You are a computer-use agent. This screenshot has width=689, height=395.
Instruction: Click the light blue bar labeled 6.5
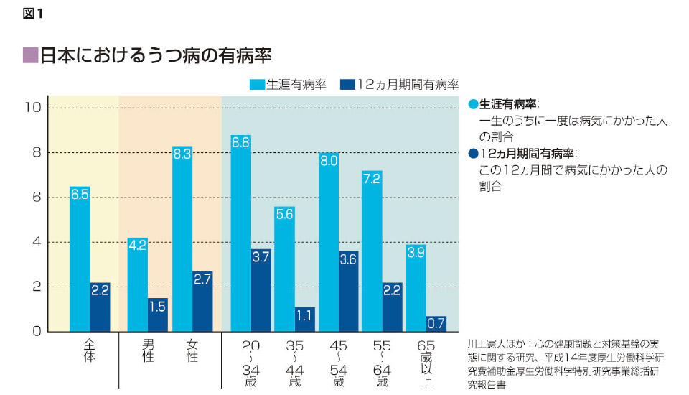click(x=80, y=259)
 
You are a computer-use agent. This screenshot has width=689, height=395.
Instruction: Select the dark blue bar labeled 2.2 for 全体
click(x=100, y=307)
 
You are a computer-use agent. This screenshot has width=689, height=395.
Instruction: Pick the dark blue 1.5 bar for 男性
click(x=158, y=315)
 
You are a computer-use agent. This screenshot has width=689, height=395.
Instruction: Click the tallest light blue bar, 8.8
click(x=240, y=233)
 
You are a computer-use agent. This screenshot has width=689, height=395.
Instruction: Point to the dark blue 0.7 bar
click(x=436, y=324)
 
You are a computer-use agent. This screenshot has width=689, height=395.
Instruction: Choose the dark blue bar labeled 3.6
click(x=350, y=291)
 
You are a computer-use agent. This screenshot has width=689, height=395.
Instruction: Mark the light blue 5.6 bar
click(x=284, y=269)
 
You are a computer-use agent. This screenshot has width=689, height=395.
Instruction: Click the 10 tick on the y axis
click(x=31, y=108)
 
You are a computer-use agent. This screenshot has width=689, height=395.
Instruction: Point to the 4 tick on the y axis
click(x=35, y=242)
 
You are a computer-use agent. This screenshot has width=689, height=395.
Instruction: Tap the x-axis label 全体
click(x=89, y=350)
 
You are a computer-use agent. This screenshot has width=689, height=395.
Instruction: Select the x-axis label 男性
click(x=148, y=350)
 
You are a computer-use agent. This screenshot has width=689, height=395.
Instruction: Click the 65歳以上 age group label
click(x=425, y=363)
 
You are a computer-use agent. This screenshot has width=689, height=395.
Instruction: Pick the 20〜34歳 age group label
click(x=250, y=363)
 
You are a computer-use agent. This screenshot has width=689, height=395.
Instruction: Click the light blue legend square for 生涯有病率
click(x=257, y=83)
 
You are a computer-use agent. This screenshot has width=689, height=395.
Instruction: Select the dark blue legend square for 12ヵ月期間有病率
click(x=347, y=83)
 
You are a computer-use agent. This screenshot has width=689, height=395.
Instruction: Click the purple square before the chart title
click(x=30, y=55)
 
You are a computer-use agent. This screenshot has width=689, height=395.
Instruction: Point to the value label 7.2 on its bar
click(x=372, y=179)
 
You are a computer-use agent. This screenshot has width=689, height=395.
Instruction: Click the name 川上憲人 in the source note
click(x=485, y=345)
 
